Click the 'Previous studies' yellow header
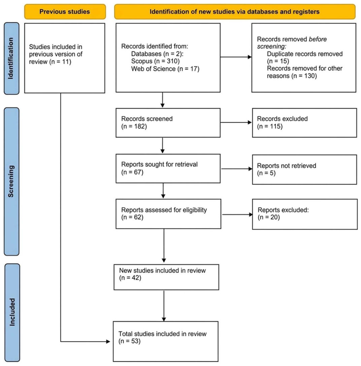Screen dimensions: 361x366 65,12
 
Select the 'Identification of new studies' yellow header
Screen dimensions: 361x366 235,12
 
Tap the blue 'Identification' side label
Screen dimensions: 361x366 11,58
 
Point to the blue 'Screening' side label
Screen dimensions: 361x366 11,181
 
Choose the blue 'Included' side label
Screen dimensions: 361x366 12,312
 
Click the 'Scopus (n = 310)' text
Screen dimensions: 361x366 155,61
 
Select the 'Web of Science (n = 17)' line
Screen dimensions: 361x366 165,69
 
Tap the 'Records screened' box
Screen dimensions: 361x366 168,123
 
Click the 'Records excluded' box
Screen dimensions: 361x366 304,123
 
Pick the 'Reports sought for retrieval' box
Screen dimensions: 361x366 168,169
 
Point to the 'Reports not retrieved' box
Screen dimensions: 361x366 304,169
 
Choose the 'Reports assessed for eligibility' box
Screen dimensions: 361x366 168,214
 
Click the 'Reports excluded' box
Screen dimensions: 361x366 305,214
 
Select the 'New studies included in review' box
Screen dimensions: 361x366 166,277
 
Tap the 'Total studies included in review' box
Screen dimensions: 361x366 166,341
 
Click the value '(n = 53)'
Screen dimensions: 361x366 129,341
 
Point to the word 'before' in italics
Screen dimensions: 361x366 318,39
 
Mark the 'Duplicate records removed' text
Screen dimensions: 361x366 305,54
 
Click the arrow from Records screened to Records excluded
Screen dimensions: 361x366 236,122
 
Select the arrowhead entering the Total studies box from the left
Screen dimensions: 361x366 108,341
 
